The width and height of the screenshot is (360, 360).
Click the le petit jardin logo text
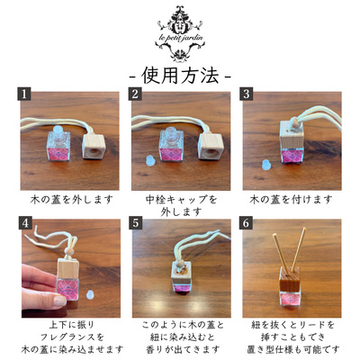(180, 38)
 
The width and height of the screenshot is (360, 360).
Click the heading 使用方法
(180, 76)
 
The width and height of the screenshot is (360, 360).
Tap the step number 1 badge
(24, 94)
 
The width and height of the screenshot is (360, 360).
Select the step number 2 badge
(135, 94)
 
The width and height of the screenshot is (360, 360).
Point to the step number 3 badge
(247, 94)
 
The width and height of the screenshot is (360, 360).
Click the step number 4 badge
(25, 223)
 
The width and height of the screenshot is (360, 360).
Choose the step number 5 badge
(136, 223)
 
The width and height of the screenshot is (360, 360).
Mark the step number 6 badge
(247, 223)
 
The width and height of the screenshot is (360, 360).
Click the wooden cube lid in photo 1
(93, 146)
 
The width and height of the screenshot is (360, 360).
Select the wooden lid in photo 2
(209, 146)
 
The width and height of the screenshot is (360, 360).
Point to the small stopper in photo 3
(265, 164)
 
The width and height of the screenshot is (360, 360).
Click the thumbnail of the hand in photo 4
(60, 301)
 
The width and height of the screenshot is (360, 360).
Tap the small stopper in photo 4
(89, 294)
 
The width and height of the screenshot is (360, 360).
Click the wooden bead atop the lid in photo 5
(181, 264)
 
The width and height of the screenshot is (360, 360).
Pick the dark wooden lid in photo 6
(290, 279)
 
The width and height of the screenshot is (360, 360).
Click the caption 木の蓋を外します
(72, 199)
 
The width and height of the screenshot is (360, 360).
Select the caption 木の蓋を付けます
(292, 199)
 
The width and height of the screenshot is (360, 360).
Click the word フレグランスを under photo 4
(72, 337)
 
